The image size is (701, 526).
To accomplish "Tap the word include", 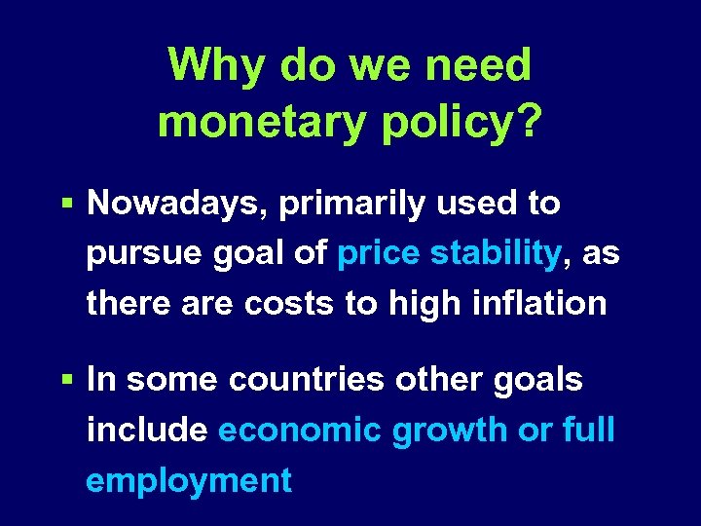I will [x=147, y=430].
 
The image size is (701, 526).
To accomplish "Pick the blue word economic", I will [x=301, y=430].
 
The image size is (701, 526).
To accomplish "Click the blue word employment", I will [x=189, y=480].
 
